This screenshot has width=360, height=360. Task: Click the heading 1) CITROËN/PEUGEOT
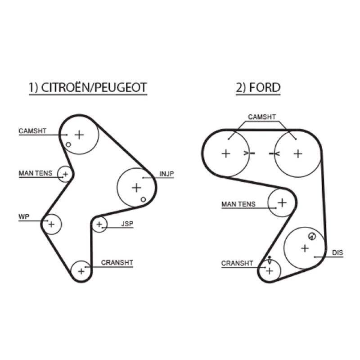[x=88, y=87]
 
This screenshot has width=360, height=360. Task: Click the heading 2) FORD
[x=258, y=87]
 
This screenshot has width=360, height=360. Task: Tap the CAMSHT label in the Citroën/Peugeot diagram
[x=32, y=131]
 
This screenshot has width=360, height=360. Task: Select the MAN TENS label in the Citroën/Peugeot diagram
[x=36, y=173]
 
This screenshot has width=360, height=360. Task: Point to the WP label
[x=24, y=217]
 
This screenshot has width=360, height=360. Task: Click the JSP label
[x=127, y=224]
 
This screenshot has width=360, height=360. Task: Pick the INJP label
[x=166, y=174]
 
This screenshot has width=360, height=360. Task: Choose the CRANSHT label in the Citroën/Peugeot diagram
[x=117, y=262]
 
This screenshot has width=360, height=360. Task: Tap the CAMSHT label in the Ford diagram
[x=262, y=117]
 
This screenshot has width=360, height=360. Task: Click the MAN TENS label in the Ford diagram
[x=238, y=204]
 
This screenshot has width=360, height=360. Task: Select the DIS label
[x=337, y=253]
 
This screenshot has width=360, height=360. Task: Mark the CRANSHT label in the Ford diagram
[x=237, y=263]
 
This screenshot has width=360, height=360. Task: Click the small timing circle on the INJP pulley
[x=143, y=199]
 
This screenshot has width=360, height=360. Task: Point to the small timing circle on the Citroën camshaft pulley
[x=68, y=144]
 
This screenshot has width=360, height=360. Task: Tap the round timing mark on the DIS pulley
[x=312, y=236]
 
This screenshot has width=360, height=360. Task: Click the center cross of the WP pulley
[x=51, y=224]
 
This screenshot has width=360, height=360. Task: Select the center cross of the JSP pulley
[x=99, y=224]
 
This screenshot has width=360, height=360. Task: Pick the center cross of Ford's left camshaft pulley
[x=226, y=153]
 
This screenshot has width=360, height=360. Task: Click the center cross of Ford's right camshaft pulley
[x=298, y=153]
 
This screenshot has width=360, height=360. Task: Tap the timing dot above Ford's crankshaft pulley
[x=269, y=257]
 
